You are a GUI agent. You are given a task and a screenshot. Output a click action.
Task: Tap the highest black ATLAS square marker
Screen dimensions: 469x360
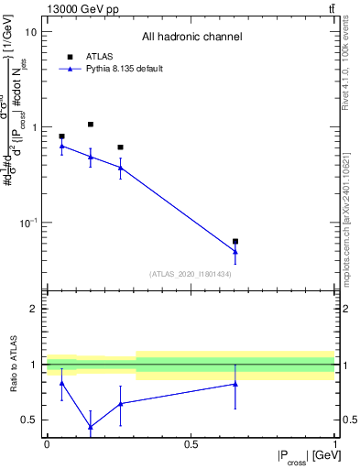(x=91, y=125)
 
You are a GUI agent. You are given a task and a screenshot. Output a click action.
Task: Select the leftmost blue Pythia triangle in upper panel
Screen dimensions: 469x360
(x=61, y=146)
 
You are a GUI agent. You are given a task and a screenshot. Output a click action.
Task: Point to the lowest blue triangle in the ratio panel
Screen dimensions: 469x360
(x=91, y=427)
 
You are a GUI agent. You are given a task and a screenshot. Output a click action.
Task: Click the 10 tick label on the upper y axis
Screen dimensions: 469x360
(x=30, y=32)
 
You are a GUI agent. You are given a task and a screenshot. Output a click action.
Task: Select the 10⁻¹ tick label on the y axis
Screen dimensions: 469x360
(x=27, y=224)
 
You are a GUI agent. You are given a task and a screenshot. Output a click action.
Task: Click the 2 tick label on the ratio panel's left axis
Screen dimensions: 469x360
(x=35, y=309)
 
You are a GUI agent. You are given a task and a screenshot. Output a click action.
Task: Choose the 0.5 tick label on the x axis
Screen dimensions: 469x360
(x=191, y=444)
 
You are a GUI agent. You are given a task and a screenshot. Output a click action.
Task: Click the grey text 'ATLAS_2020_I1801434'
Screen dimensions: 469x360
(x=191, y=274)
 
